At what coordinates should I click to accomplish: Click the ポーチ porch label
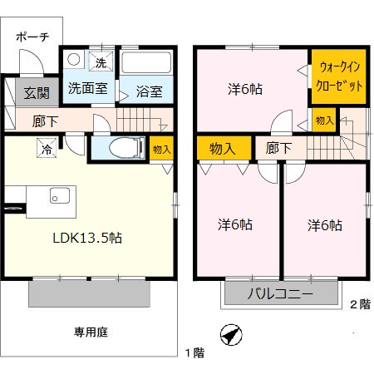32,37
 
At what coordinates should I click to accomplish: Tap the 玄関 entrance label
37,93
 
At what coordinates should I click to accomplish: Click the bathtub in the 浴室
146,62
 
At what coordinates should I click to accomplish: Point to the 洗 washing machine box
101,62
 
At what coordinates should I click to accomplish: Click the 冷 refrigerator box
47,148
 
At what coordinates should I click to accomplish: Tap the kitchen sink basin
60,195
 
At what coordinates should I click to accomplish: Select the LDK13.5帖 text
87,238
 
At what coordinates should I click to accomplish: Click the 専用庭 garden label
91,332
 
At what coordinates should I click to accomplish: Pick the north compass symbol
231,335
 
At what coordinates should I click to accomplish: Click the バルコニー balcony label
280,293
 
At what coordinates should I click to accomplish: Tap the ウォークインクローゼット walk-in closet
339,76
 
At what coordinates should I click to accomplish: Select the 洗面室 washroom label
88,88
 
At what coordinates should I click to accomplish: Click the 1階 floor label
195,353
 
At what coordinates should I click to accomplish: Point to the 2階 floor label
361,304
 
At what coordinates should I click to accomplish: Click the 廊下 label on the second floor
278,148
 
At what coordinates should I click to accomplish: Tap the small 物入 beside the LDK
161,149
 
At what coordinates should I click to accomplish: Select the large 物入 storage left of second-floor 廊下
224,148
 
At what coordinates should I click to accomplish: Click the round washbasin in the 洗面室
74,59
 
